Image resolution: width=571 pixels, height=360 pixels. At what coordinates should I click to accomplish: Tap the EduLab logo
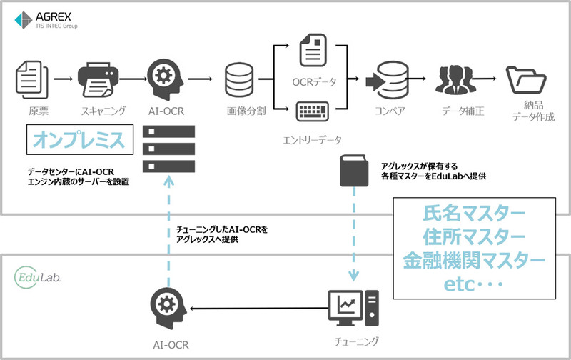click(36, 275)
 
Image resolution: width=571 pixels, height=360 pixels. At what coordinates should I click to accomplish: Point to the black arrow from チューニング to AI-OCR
click(257, 309)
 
